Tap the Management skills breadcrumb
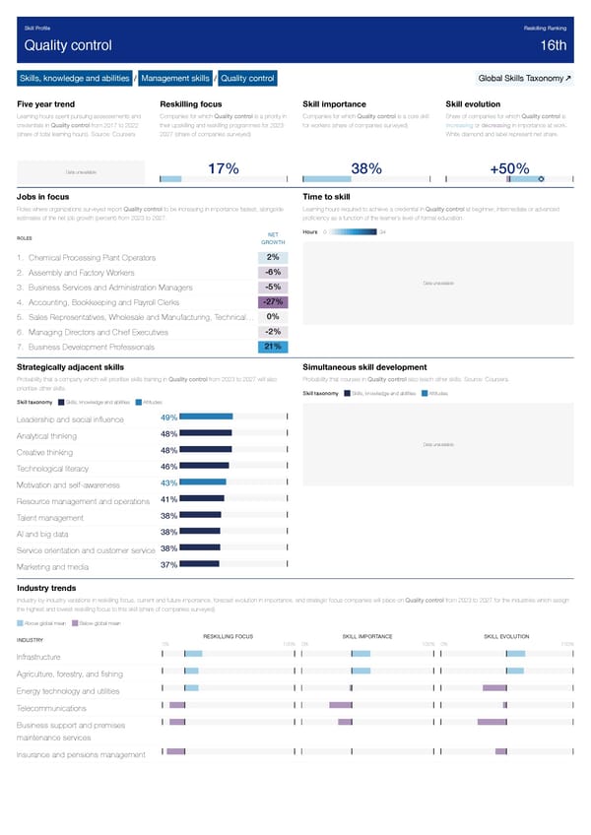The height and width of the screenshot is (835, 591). pyautogui.click(x=175, y=78)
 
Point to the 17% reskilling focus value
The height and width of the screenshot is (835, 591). pyautogui.click(x=224, y=170)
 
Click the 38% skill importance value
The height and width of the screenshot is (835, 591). pyautogui.click(x=366, y=170)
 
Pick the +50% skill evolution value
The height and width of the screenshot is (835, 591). pyautogui.click(x=508, y=170)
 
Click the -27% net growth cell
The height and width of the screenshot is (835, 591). pyautogui.click(x=274, y=301)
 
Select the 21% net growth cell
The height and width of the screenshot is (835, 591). pyautogui.click(x=273, y=346)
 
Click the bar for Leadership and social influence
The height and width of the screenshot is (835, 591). pyautogui.click(x=206, y=417)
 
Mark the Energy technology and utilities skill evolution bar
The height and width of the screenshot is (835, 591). pyautogui.click(x=493, y=687)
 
